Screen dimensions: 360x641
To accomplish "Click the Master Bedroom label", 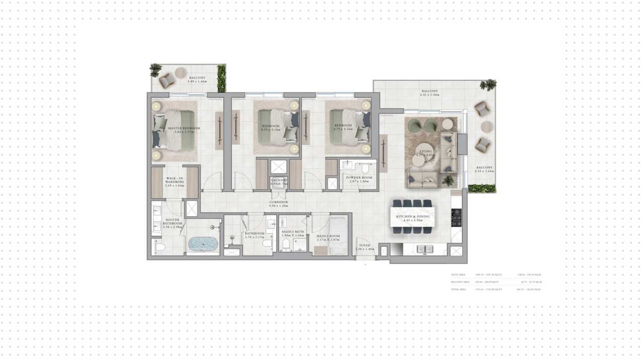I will (x=184, y=128).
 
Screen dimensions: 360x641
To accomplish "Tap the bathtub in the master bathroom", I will (x=203, y=244).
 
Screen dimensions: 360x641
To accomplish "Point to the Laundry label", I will (x=279, y=180).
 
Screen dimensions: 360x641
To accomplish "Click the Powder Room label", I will (x=359, y=177).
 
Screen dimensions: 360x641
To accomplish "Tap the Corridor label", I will (x=279, y=202).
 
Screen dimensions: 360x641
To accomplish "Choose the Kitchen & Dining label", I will (x=413, y=217).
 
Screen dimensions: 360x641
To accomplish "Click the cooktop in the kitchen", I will (x=456, y=218).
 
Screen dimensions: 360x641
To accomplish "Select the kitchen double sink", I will (x=424, y=249).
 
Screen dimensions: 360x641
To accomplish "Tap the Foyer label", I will (x=365, y=245).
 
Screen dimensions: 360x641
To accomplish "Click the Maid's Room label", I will (x=328, y=236).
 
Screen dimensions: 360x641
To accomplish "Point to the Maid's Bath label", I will (x=293, y=232).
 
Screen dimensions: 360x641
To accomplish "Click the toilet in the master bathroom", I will (x=159, y=247).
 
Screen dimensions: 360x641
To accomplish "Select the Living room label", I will (x=426, y=151).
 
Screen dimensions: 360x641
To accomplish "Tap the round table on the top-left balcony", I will (x=180, y=73).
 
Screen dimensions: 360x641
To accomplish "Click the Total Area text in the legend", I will (x=458, y=289).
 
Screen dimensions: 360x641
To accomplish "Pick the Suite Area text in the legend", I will (x=458, y=275).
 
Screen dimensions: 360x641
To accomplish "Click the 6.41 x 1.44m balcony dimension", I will (x=429, y=94).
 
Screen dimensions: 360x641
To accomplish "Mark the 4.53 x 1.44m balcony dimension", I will (x=484, y=171).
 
